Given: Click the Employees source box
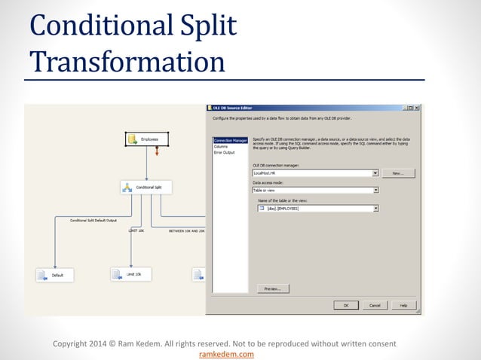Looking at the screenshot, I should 146,139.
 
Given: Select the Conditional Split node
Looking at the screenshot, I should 147,187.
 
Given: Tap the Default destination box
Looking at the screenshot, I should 54,276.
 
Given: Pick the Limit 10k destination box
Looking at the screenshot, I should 130,274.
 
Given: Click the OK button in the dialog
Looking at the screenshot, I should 345,305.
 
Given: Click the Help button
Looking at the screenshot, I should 403,305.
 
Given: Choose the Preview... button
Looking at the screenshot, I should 273,288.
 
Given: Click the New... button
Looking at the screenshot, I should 398,172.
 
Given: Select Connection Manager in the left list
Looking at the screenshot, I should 230,140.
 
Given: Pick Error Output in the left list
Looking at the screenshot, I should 224,152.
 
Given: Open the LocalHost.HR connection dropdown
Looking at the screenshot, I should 375,172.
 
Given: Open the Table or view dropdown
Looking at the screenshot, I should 375,191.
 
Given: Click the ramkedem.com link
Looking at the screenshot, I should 225,354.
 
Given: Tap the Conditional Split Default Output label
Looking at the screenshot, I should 93,221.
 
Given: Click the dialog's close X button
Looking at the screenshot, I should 417,108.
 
